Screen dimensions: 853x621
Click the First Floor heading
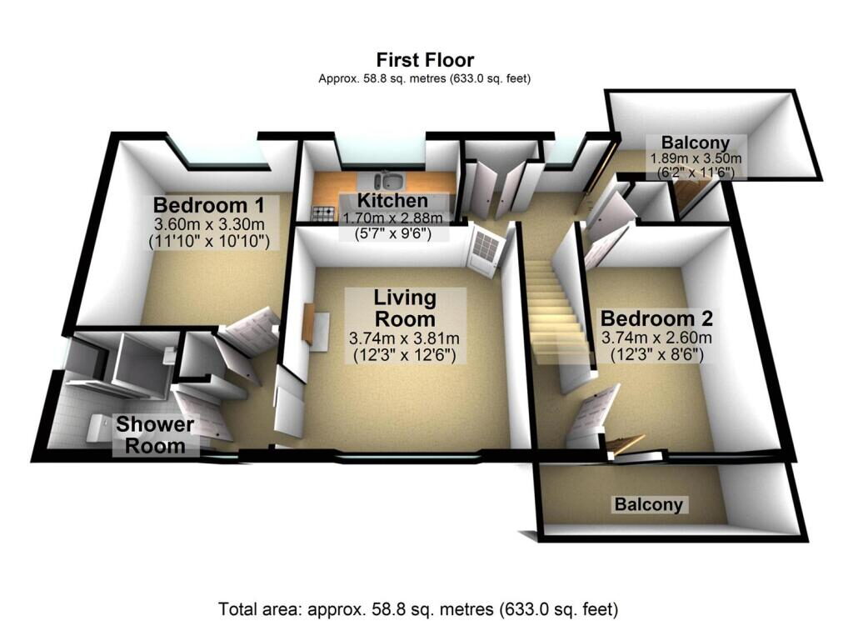point(425,59)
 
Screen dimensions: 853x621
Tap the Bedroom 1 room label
point(209,205)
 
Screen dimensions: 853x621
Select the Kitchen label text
point(392,200)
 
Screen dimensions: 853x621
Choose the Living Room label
point(405,308)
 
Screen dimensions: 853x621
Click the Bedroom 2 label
point(656,318)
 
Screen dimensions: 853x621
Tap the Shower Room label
point(155,435)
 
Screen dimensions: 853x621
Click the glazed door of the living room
point(485,253)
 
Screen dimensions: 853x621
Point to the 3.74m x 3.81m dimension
point(404,338)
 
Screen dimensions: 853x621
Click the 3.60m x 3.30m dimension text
point(209,223)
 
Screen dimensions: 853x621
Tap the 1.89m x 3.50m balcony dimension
point(696,159)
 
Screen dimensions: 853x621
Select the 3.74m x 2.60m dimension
point(656,338)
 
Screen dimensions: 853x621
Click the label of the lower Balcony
point(648,504)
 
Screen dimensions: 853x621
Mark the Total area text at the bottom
point(418,608)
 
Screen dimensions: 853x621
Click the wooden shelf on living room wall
point(309,323)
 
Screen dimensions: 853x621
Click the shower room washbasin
point(170,353)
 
